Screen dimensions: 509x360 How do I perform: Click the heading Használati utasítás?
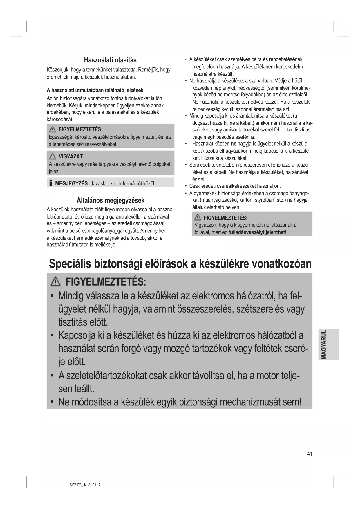tap(110, 60)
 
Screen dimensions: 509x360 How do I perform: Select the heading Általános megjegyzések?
tap(110, 200)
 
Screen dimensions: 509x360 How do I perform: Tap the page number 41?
tap(310, 454)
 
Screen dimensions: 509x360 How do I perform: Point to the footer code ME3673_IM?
tap(78, 485)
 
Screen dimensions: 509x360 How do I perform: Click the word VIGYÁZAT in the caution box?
tap(71, 157)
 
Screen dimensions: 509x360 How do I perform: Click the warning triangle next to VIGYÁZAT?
tap(53, 157)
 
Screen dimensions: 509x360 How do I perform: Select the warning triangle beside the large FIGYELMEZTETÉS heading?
tap(55, 282)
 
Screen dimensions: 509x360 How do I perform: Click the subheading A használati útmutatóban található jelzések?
tap(95, 90)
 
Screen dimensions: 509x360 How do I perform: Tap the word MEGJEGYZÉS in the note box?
tap(72, 184)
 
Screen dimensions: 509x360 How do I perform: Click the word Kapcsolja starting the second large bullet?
tap(77, 335)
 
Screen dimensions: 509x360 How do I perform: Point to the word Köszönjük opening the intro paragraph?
tap(58, 70)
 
